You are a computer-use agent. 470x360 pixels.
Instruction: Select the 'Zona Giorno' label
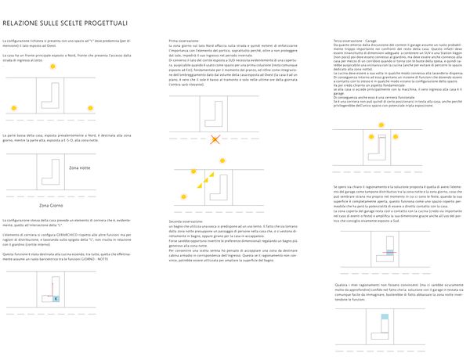pos(51,205)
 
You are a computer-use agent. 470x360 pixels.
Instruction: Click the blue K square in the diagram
pos(56,298)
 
